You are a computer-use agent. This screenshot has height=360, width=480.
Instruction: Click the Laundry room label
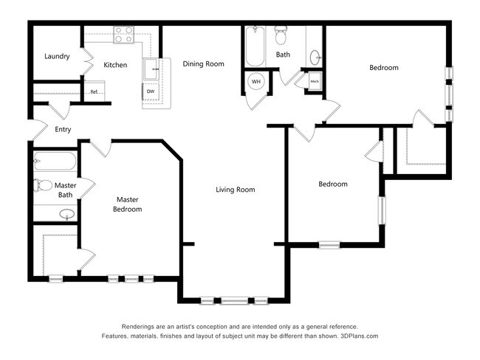click(57, 56)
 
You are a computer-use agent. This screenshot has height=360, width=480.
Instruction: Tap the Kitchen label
click(115, 65)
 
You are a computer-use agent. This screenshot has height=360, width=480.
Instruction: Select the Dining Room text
click(203, 64)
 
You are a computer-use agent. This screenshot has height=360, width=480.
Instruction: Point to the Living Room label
click(235, 190)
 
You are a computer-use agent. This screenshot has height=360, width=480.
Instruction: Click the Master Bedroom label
click(127, 204)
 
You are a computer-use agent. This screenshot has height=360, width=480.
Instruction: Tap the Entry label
click(63, 130)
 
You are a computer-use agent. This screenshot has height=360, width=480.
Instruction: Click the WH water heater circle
click(256, 81)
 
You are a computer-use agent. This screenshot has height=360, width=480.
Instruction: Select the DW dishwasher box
click(150, 91)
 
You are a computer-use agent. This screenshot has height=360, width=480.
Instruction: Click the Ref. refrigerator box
click(95, 91)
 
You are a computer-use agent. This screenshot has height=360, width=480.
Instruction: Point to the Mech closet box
click(315, 81)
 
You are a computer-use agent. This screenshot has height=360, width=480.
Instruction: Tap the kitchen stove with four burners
click(123, 33)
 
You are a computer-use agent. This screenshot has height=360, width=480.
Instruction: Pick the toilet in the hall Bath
click(281, 34)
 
